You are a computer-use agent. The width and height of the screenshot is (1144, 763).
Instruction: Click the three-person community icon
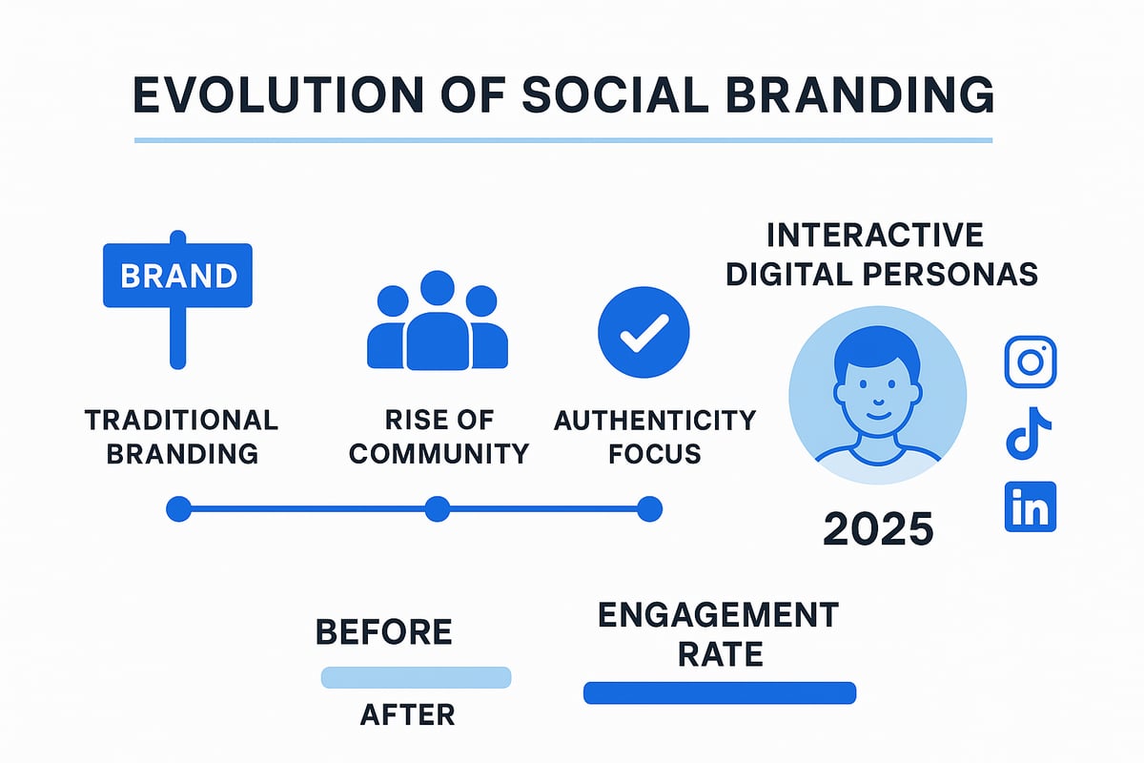click(437, 320)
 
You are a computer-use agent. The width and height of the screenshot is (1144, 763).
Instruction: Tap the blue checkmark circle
click(643, 333)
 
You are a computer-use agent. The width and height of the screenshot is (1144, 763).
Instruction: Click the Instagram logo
click(1031, 362)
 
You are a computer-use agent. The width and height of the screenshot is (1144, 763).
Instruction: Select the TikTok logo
click(1030, 435)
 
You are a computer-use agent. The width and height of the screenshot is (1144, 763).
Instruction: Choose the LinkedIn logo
click(1031, 506)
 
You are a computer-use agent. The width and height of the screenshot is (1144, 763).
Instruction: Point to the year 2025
click(878, 526)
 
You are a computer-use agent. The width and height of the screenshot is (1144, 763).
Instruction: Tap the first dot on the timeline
click(178, 509)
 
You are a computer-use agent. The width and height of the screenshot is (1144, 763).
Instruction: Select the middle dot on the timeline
click(437, 509)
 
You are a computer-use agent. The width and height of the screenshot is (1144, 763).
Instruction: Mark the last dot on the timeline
click(649, 509)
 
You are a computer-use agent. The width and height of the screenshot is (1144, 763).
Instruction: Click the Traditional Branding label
click(181, 436)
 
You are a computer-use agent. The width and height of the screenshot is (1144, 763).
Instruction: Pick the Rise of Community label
click(439, 436)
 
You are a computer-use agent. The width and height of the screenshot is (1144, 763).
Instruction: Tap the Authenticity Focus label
click(654, 436)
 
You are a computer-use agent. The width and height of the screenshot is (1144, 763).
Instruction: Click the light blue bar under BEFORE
click(416, 677)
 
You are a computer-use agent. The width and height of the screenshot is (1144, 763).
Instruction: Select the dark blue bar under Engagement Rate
click(719, 693)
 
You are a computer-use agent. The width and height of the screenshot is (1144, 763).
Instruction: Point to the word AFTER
click(407, 714)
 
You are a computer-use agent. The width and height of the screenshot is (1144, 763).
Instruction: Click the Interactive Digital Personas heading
click(881, 255)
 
